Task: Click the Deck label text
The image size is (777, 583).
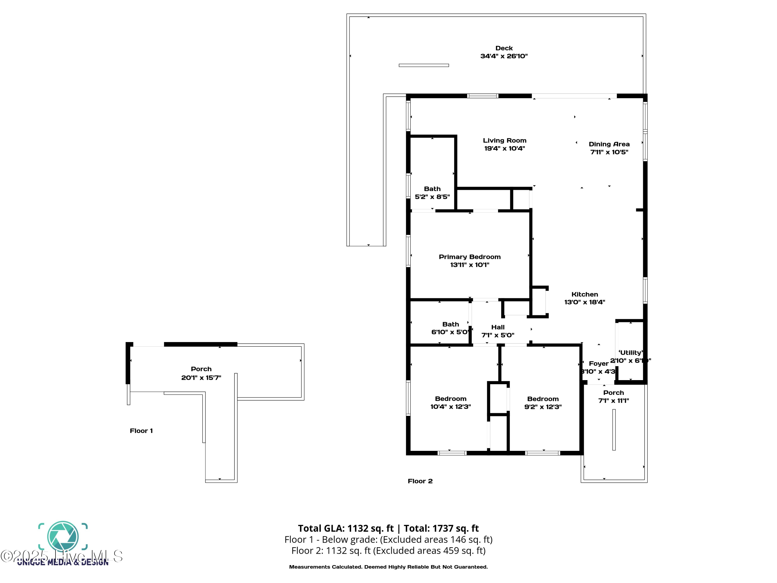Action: click(504, 48)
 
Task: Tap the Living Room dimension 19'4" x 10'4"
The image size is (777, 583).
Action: click(505, 148)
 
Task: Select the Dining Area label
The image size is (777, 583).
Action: click(609, 144)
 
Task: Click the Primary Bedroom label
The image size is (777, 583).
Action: click(470, 257)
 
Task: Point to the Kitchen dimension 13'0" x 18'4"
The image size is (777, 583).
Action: click(585, 302)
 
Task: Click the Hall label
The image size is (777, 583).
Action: click(498, 327)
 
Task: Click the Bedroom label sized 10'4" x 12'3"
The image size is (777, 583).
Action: click(451, 399)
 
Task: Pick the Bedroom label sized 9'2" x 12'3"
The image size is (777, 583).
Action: click(543, 399)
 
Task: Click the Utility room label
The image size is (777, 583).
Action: click(630, 352)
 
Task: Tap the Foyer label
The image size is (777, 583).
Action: click(599, 363)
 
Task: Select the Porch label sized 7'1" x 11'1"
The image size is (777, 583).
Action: click(614, 393)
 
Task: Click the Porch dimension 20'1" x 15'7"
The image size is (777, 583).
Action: click(201, 378)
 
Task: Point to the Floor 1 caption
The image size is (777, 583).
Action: click(141, 431)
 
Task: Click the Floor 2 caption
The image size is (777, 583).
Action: click(420, 481)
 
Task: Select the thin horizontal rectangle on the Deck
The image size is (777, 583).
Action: click(424, 65)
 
